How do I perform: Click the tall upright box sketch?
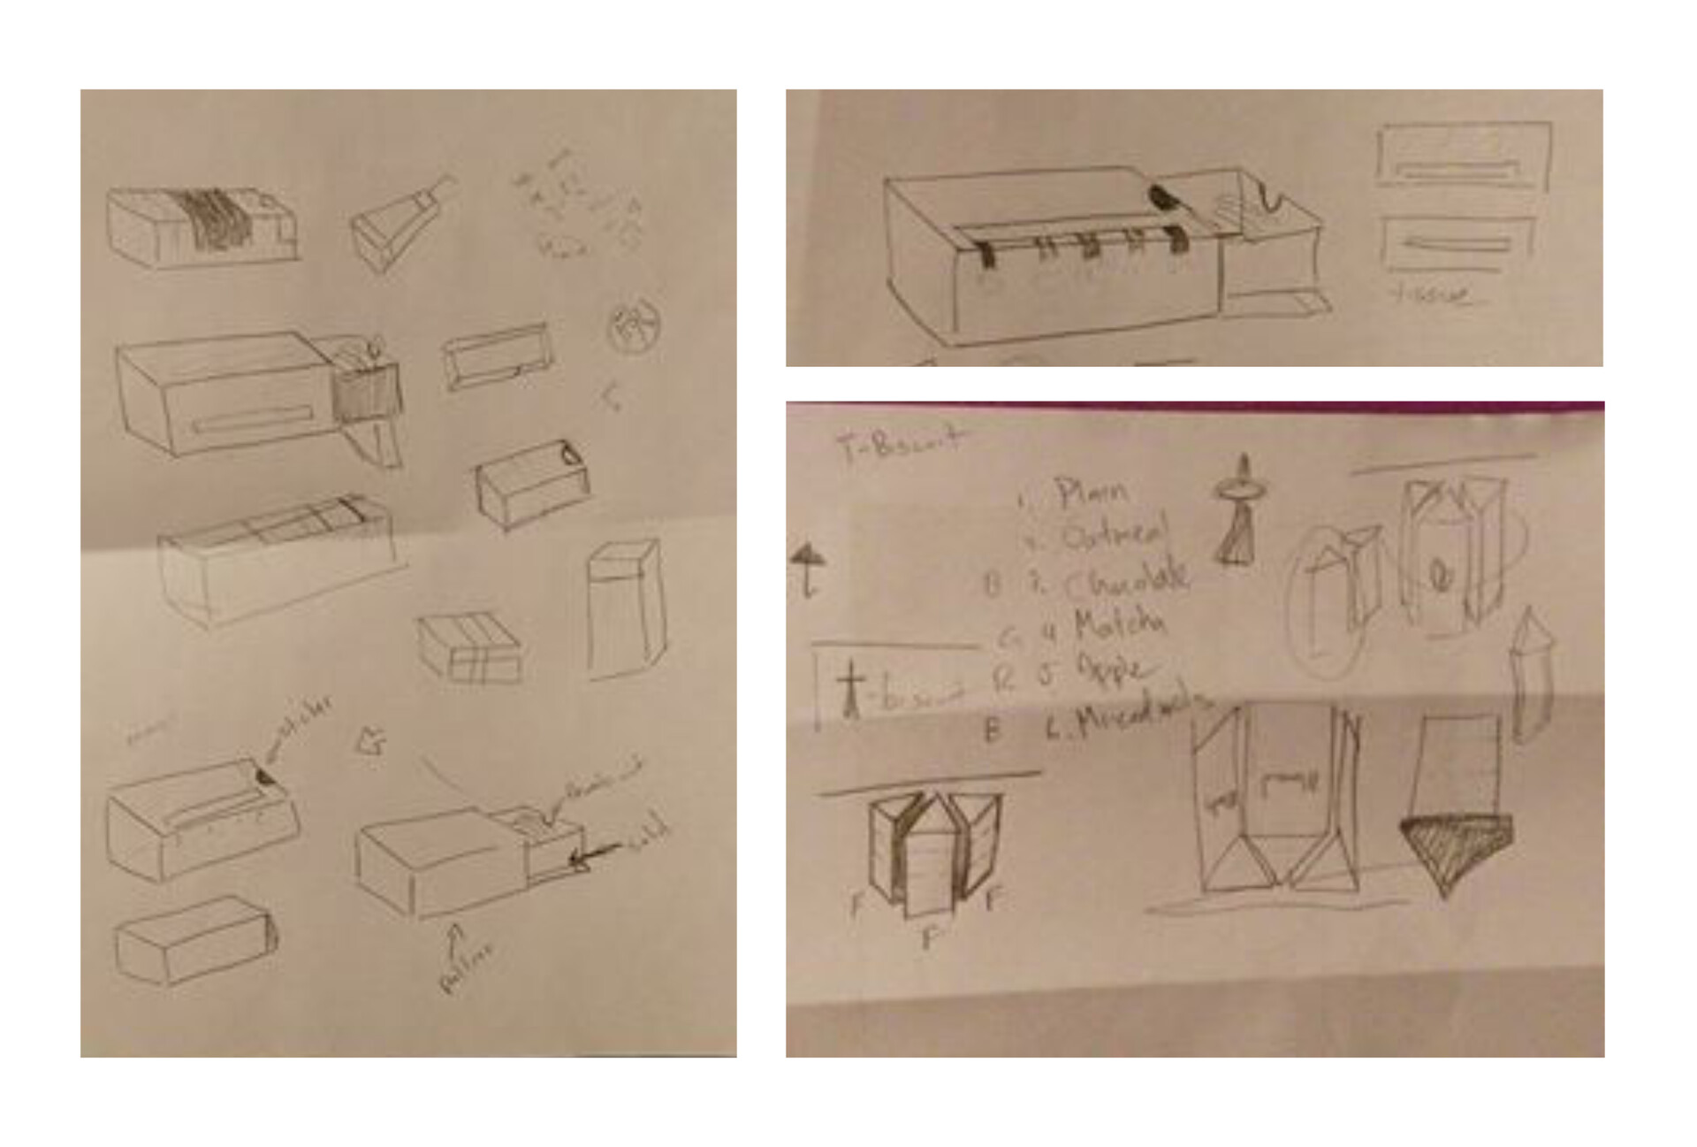tap(625, 610)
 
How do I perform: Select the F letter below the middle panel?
tap(927, 937)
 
